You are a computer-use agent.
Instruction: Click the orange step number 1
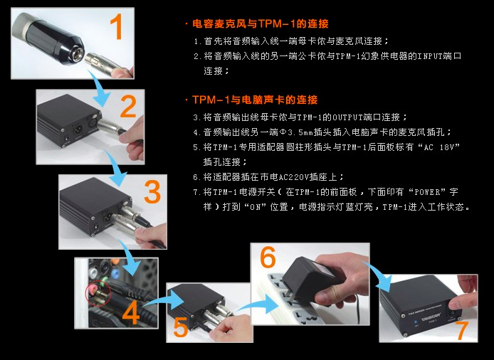point(117,28)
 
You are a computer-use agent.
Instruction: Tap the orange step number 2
point(129,107)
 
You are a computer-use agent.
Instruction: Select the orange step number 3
point(152,192)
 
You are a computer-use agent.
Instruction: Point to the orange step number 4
point(131,313)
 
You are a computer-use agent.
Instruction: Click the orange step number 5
point(181,327)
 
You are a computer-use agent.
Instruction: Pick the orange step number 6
point(268,257)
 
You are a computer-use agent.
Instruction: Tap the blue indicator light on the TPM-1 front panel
point(416,322)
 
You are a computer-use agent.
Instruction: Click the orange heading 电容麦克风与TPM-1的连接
point(261,23)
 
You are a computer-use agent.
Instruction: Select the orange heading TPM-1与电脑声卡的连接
point(255,100)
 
